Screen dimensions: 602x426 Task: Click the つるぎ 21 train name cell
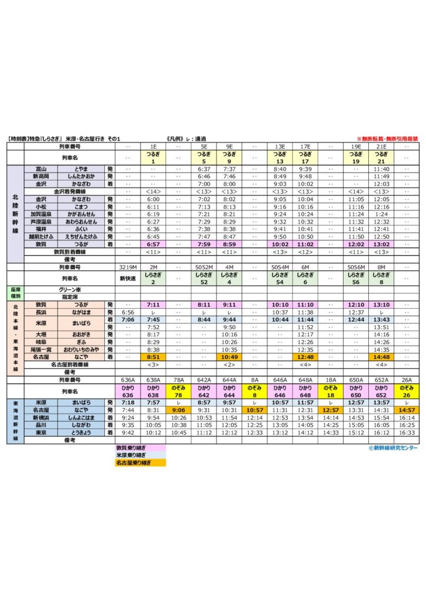click(x=381, y=158)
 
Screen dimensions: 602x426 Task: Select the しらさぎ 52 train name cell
click(x=204, y=278)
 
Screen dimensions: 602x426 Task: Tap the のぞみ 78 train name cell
click(x=178, y=391)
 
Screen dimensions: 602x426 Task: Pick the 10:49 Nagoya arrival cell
click(x=229, y=356)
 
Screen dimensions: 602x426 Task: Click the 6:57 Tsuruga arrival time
click(x=152, y=243)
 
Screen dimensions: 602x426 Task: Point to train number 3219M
click(x=128, y=266)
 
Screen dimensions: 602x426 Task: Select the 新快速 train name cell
click(x=128, y=278)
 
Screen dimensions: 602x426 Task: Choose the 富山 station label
click(x=41, y=169)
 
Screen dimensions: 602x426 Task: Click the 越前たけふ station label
click(x=41, y=236)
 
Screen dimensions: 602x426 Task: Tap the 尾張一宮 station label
click(x=41, y=349)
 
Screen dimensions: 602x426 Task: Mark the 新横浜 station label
click(x=41, y=417)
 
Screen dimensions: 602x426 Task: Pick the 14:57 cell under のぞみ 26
click(x=407, y=410)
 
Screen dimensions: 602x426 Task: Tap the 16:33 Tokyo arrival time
click(x=407, y=432)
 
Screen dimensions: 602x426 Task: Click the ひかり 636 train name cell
click(x=128, y=391)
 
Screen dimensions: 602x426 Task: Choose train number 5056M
click(x=355, y=266)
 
